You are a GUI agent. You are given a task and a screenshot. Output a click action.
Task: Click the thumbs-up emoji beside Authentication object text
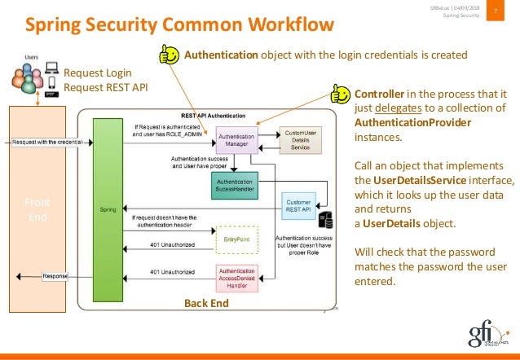pyautogui.click(x=169, y=55)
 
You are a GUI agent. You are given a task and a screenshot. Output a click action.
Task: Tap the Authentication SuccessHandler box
pyautogui.click(x=235, y=183)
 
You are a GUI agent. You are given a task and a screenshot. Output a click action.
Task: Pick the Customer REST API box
pyautogui.click(x=299, y=203)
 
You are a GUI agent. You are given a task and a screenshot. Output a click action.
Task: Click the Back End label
pyautogui.click(x=207, y=303)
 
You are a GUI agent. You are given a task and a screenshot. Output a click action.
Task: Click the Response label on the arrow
pyautogui.click(x=55, y=276)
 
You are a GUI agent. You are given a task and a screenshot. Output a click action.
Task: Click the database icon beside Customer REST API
pyautogui.click(x=325, y=217)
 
